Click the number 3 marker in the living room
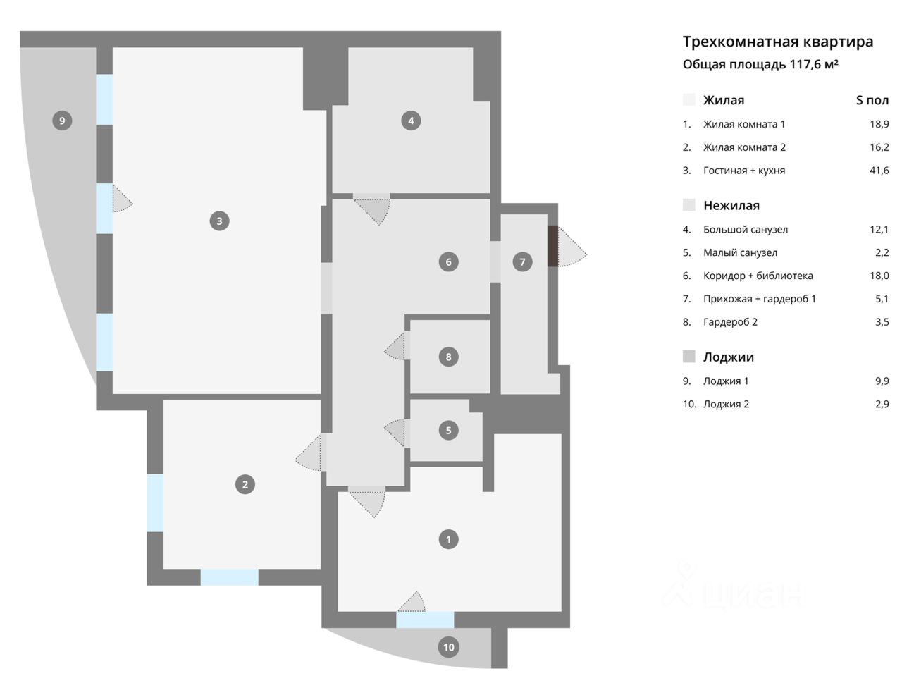pos(219,221)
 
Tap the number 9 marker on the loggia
pos(62,121)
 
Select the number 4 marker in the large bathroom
pos(411,121)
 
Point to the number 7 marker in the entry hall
pos(522,262)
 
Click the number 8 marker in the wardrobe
pos(449,357)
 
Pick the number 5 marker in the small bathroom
pos(449,430)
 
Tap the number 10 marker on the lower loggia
pos(449,646)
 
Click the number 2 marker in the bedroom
pos(245,484)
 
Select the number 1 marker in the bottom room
pos(449,540)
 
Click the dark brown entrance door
pos(553,246)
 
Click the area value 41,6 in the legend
pos(879,171)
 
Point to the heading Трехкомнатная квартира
pos(778,42)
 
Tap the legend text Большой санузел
pos(745,230)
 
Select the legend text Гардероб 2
pos(730,322)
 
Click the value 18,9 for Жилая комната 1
pos(879,124)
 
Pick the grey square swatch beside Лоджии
pos(689,357)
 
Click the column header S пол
pos(872,100)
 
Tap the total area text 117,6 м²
pos(814,65)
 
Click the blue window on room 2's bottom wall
pos(229,577)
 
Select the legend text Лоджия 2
pos(726,405)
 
